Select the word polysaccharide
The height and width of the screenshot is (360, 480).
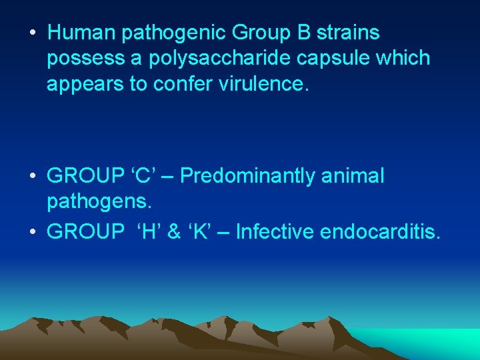coord(205,58)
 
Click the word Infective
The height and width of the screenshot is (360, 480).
coord(275,231)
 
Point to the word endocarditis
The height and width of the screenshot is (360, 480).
coord(380,231)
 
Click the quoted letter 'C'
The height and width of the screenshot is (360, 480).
coord(141,176)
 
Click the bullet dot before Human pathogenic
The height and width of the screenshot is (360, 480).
coord(33,33)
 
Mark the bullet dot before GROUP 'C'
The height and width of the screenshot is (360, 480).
coord(33,177)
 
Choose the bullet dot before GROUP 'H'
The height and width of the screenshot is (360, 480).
coord(33,232)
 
